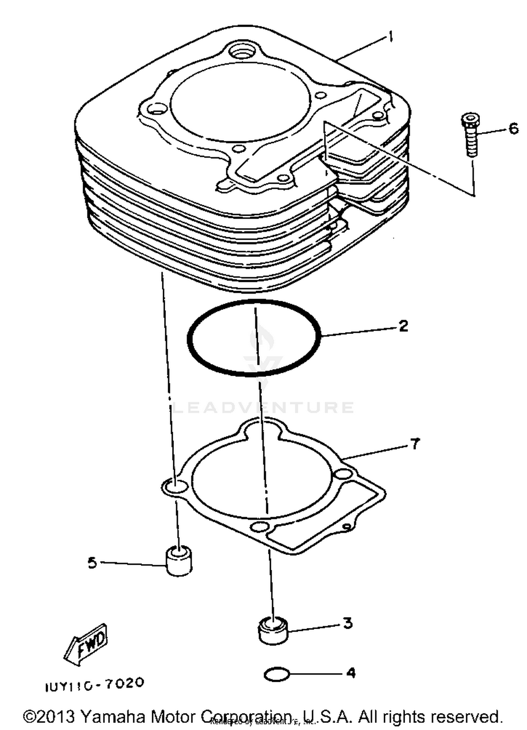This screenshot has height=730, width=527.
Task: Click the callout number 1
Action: click(390, 37)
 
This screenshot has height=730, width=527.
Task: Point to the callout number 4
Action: click(351, 673)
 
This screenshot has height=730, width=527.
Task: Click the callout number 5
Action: click(92, 563)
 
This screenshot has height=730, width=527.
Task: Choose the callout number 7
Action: click(415, 444)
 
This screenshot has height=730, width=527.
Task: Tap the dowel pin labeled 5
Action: click(179, 561)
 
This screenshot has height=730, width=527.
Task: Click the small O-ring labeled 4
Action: click(276, 674)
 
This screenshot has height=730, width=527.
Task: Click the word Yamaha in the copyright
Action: click(112, 716)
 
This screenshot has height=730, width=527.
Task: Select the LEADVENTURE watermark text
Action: click(263, 408)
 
